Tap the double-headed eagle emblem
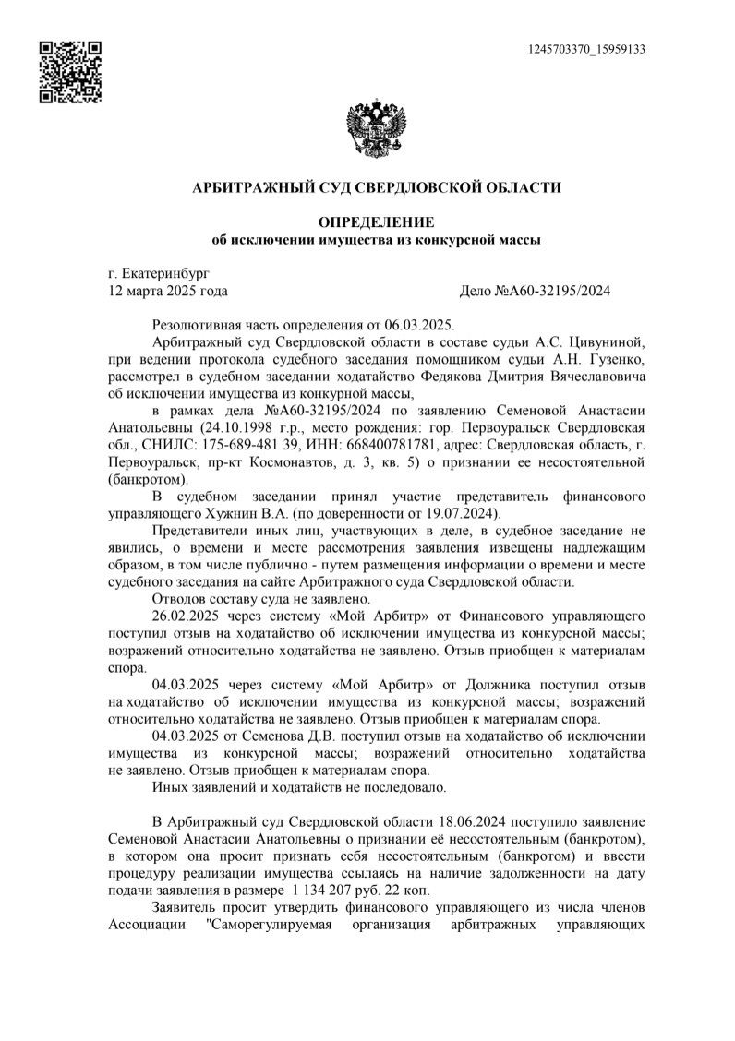pos(375,128)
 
